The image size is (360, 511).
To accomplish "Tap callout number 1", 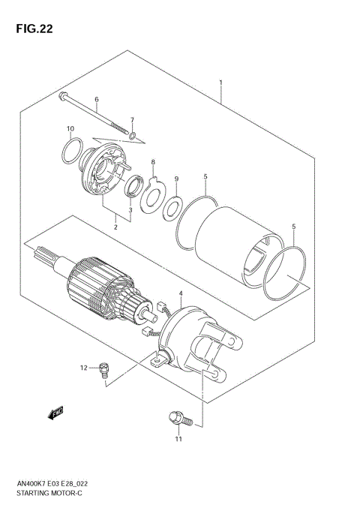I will click(221, 82).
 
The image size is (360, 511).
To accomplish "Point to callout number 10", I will click(70, 128).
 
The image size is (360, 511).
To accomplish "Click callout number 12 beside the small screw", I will click(85, 367).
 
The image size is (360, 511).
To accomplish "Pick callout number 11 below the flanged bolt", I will click(178, 439).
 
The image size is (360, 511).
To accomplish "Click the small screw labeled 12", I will click(104, 368).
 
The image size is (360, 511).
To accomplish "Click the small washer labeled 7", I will click(132, 136).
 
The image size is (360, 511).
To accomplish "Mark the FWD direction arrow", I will click(55, 412).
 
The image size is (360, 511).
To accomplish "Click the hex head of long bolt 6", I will click(62, 95).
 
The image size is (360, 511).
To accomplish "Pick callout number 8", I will click(152, 162).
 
